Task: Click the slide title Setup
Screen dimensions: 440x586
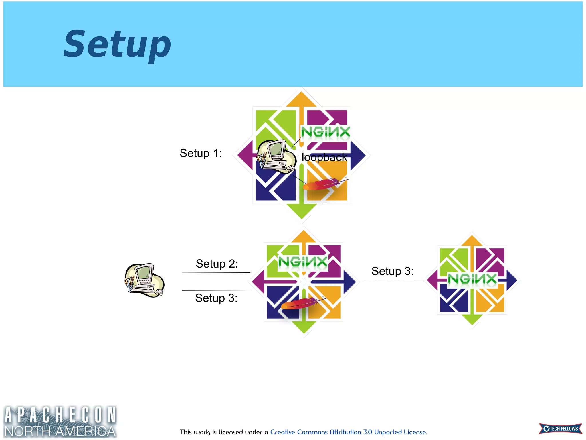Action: tap(117, 44)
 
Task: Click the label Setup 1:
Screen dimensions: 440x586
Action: tap(201, 153)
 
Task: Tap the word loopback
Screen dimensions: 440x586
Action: tap(324, 157)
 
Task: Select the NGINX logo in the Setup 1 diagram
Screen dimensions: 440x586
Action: tap(325, 132)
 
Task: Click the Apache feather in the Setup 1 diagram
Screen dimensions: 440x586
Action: tap(323, 184)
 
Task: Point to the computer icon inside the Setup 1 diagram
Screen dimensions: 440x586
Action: tap(276, 156)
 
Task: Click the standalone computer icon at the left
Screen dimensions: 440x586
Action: tap(144, 280)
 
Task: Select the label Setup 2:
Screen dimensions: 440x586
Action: tap(217, 264)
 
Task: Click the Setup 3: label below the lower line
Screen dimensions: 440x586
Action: tap(216, 298)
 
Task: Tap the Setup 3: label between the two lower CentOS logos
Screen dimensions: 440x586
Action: tap(392, 271)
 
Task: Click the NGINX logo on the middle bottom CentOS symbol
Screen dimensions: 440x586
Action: tap(303, 262)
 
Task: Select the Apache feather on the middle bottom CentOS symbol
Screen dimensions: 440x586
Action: tap(302, 303)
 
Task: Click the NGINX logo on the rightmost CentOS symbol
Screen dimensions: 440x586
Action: tap(472, 279)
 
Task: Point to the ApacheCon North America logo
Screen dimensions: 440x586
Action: tap(60, 421)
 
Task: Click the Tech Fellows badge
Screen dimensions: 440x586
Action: tap(560, 429)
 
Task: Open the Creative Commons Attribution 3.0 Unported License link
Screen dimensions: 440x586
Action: tap(348, 432)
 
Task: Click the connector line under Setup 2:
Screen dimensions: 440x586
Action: tap(216, 273)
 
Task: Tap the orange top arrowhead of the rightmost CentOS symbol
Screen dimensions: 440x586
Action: tap(472, 241)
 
